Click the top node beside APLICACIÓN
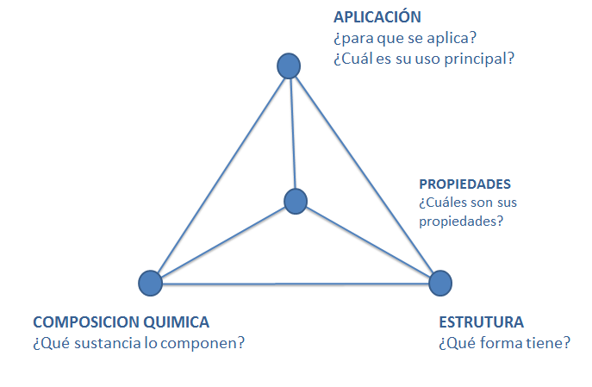point(289,66)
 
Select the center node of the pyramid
point(296,201)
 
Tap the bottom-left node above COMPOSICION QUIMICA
point(150,282)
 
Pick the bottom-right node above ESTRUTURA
point(440,282)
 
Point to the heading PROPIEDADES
point(464,184)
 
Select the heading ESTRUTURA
point(481,322)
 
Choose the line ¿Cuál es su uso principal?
point(422,59)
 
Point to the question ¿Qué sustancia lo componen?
point(139,343)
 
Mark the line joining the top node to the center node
point(292,134)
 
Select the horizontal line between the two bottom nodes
point(296,283)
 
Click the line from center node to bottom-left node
point(222,242)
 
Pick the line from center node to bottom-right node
point(368,241)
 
